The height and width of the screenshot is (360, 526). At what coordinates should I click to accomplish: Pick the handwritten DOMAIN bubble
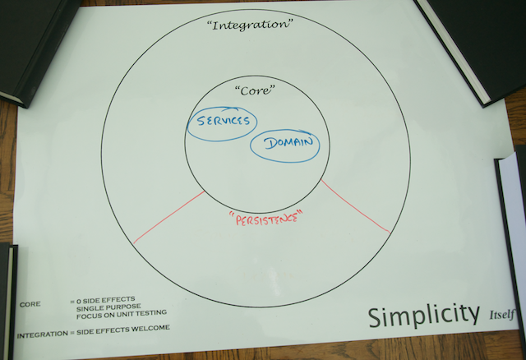[x=284, y=145]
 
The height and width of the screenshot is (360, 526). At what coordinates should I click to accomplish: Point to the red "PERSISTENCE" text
[x=261, y=219]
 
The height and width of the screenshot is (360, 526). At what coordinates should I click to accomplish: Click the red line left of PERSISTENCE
[x=169, y=217]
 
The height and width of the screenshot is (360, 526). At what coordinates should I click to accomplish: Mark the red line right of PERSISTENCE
[x=355, y=205]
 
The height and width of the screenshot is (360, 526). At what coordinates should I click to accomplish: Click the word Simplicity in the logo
[x=422, y=315]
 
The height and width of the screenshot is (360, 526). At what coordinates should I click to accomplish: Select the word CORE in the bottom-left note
[x=30, y=304]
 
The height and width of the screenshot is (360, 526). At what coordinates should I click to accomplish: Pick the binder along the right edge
[x=512, y=222]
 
